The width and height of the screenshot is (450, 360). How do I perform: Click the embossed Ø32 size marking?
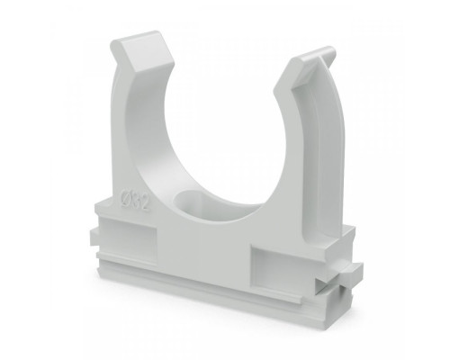[134, 200]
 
